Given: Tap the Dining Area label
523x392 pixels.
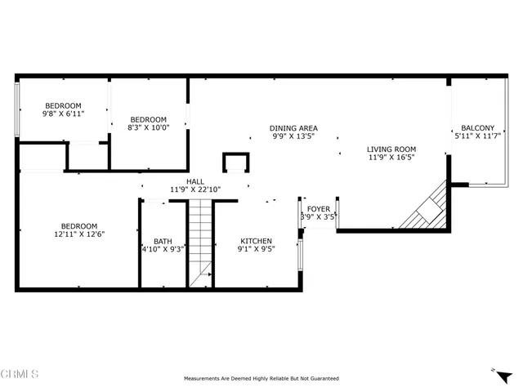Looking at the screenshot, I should (294, 128).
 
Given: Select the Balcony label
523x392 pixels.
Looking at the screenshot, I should (477, 128).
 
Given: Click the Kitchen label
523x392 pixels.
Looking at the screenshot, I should (256, 241).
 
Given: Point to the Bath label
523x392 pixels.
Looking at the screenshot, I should (163, 241).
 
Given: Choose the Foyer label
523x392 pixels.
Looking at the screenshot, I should (318, 209).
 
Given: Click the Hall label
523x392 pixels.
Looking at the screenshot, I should (195, 181).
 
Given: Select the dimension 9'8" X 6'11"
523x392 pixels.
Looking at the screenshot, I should (63, 114).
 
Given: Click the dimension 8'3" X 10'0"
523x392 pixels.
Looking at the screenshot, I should (148, 127).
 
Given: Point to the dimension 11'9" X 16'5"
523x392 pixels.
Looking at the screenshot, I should (391, 157).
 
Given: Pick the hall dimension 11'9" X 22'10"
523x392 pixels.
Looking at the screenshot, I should (195, 189).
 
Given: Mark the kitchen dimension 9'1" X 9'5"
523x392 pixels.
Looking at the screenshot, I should (256, 250).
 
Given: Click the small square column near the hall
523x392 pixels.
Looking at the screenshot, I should (235, 163).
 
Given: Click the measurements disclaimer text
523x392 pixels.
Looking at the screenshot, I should (261, 378).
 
